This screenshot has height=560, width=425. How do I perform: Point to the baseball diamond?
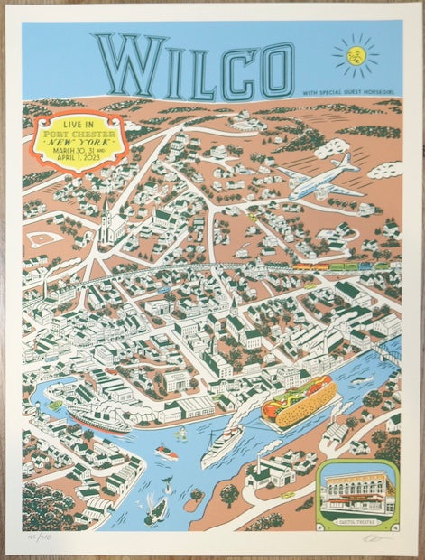45,238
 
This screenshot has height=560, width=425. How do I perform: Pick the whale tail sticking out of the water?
167,488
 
